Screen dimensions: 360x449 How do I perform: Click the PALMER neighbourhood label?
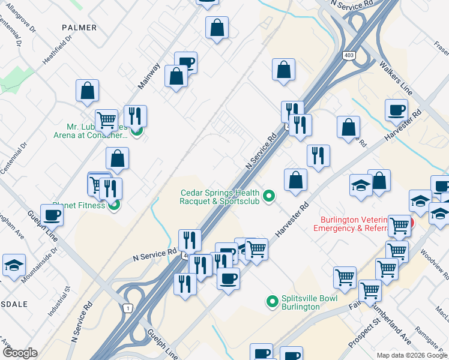click(x=79, y=28)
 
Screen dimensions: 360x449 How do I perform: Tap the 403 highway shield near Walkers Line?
click(x=349, y=55)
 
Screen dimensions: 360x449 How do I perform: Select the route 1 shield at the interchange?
click(x=127, y=308)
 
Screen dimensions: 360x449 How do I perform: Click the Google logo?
click(x=20, y=353)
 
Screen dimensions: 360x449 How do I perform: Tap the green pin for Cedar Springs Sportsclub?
click(x=270, y=196)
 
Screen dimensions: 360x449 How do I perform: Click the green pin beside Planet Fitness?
click(x=114, y=205)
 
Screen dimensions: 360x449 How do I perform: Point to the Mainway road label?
click(x=149, y=76)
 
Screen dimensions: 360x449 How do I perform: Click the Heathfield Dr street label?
click(x=58, y=49)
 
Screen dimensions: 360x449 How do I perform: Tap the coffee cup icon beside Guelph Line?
click(x=52, y=215)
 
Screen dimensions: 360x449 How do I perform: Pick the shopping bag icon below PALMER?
click(x=88, y=91)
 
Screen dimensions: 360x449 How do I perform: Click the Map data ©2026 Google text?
click(x=411, y=355)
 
